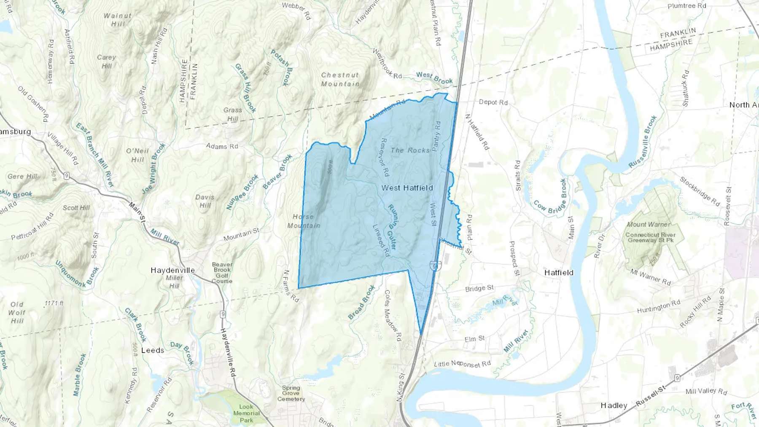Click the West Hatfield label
[x=407, y=188]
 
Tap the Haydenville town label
[x=173, y=270]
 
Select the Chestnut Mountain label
[x=340, y=79]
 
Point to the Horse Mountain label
[x=304, y=221]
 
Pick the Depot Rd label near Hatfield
[x=493, y=102]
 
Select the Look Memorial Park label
[x=246, y=413]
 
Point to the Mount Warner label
[x=649, y=224]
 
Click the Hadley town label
[x=614, y=405]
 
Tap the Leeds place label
[x=153, y=350]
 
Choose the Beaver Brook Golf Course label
[x=222, y=273]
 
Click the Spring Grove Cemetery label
[x=291, y=393]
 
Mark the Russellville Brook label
[x=643, y=142]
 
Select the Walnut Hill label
[x=118, y=20]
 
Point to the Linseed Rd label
[x=381, y=240]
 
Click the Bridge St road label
[x=479, y=288]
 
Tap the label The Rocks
[x=410, y=150]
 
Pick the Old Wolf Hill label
[x=17, y=312]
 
